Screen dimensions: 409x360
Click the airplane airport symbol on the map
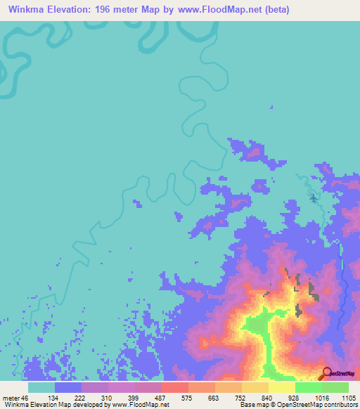pyautogui.click(x=314, y=197)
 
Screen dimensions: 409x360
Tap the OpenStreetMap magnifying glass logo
pyautogui.click(x=325, y=373)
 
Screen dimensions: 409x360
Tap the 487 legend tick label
pyautogui.click(x=161, y=397)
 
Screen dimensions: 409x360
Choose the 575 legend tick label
pyautogui.click(x=188, y=397)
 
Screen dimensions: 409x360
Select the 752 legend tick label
pyautogui.click(x=241, y=397)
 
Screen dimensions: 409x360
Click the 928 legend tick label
pyautogui.click(x=295, y=397)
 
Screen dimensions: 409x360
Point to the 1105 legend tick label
pyautogui.click(x=348, y=397)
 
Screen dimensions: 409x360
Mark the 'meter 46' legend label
pyautogui.click(x=13, y=397)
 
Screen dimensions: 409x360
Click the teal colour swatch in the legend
pyautogui.click(x=41, y=387)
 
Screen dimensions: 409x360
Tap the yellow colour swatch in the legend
pyautogui.click(x=281, y=387)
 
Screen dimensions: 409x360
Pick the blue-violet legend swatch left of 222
pyautogui.click(x=67, y=387)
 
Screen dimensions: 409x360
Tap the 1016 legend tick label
pyautogui.click(x=321, y=397)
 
